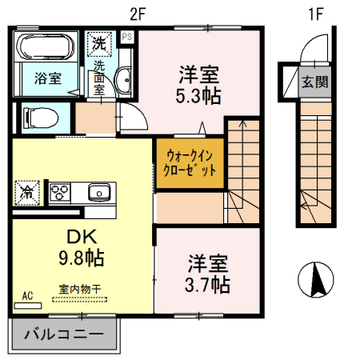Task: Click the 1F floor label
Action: point(317,13)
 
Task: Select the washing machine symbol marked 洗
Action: point(98,42)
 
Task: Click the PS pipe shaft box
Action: point(127,36)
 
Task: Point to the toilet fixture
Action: point(40,117)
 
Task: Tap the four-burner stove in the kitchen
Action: point(61,191)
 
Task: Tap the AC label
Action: point(27,295)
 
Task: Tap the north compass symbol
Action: point(315,280)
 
